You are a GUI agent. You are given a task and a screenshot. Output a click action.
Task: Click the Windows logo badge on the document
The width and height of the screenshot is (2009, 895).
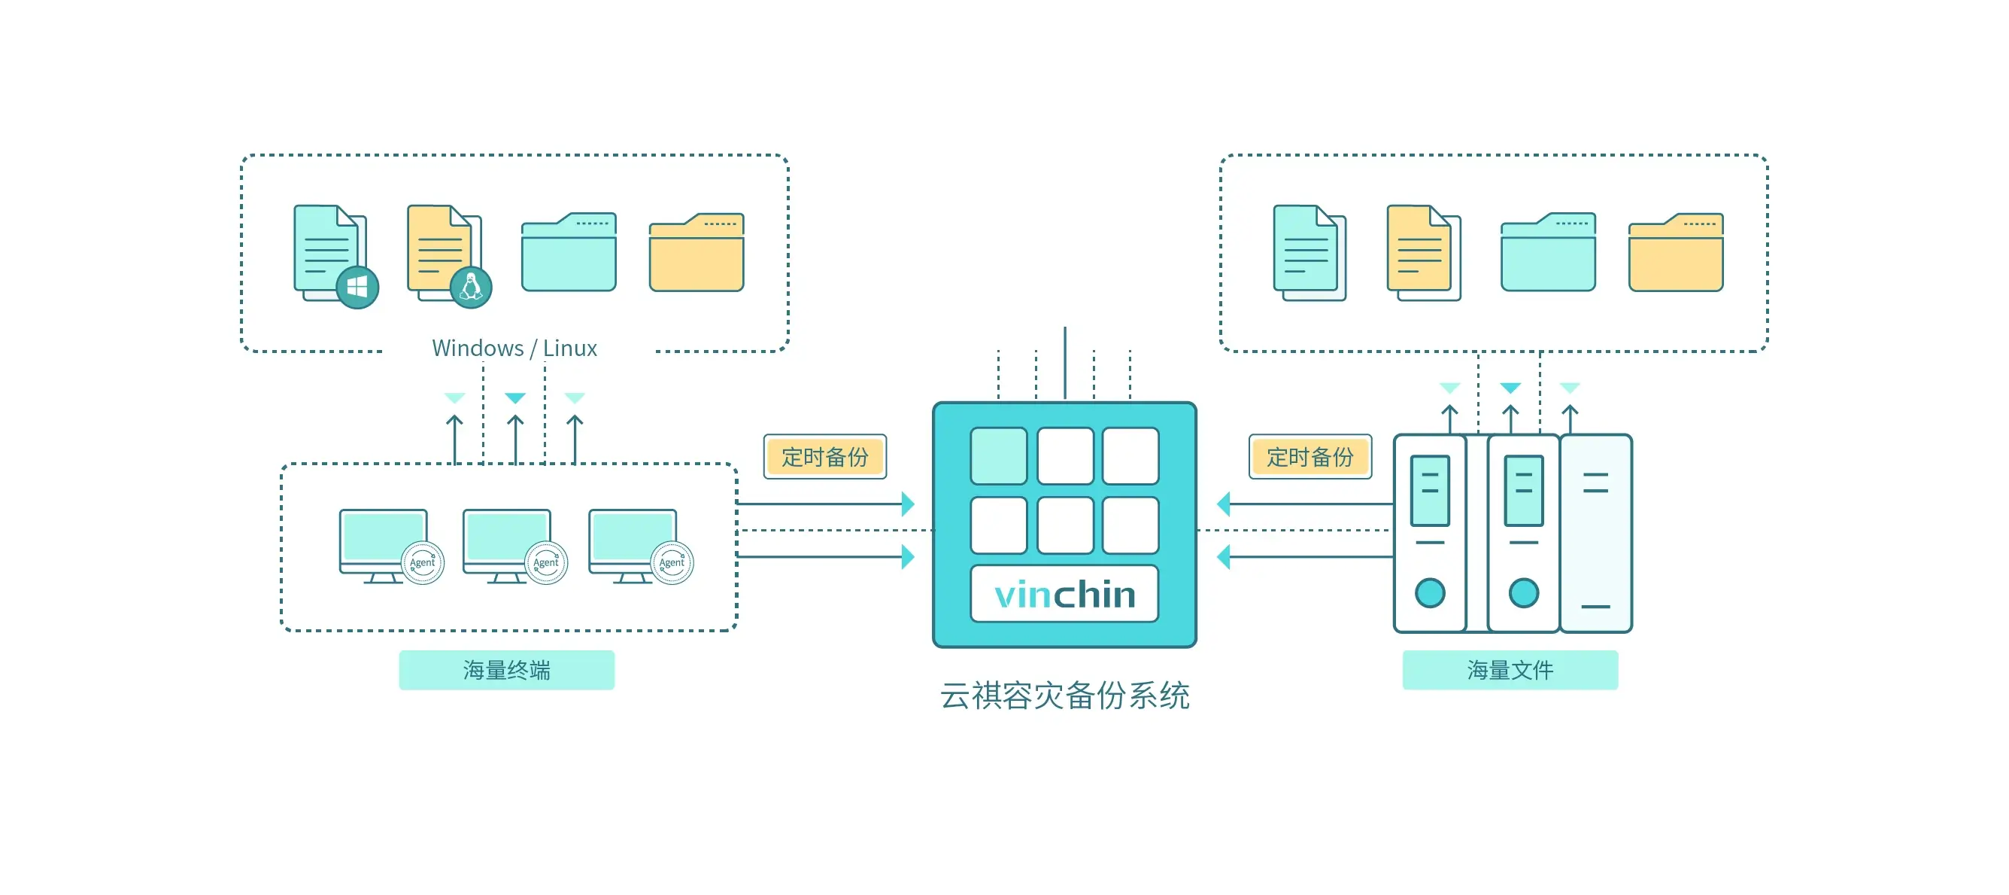357,287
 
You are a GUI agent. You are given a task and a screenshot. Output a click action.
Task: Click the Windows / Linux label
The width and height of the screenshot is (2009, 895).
514,348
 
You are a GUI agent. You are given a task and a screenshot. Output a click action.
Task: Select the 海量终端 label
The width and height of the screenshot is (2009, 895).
506,669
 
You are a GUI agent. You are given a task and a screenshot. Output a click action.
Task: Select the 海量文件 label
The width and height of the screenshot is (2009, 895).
1509,669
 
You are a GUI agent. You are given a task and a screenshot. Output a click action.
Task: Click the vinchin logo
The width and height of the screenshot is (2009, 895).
1064,595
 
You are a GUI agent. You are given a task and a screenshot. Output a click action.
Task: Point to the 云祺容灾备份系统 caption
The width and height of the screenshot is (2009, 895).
1064,696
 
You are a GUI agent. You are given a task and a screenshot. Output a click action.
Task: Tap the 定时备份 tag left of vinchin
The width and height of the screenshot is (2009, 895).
824,456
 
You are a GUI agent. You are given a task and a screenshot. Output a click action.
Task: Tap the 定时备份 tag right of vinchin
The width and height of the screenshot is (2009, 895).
1309,456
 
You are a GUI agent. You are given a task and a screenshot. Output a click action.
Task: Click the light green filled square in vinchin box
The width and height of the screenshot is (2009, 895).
998,455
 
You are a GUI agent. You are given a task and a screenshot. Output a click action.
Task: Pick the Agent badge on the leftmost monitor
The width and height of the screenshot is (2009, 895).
423,562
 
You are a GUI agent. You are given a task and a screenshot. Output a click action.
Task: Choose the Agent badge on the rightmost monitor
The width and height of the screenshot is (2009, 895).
672,562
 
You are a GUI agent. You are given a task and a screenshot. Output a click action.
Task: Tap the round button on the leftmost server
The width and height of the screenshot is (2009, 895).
1430,592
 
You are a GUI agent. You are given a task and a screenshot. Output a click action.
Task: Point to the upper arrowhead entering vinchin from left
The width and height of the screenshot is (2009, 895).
908,504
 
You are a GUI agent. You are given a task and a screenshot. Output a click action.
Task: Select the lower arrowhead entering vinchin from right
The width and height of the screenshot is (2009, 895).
1224,557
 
